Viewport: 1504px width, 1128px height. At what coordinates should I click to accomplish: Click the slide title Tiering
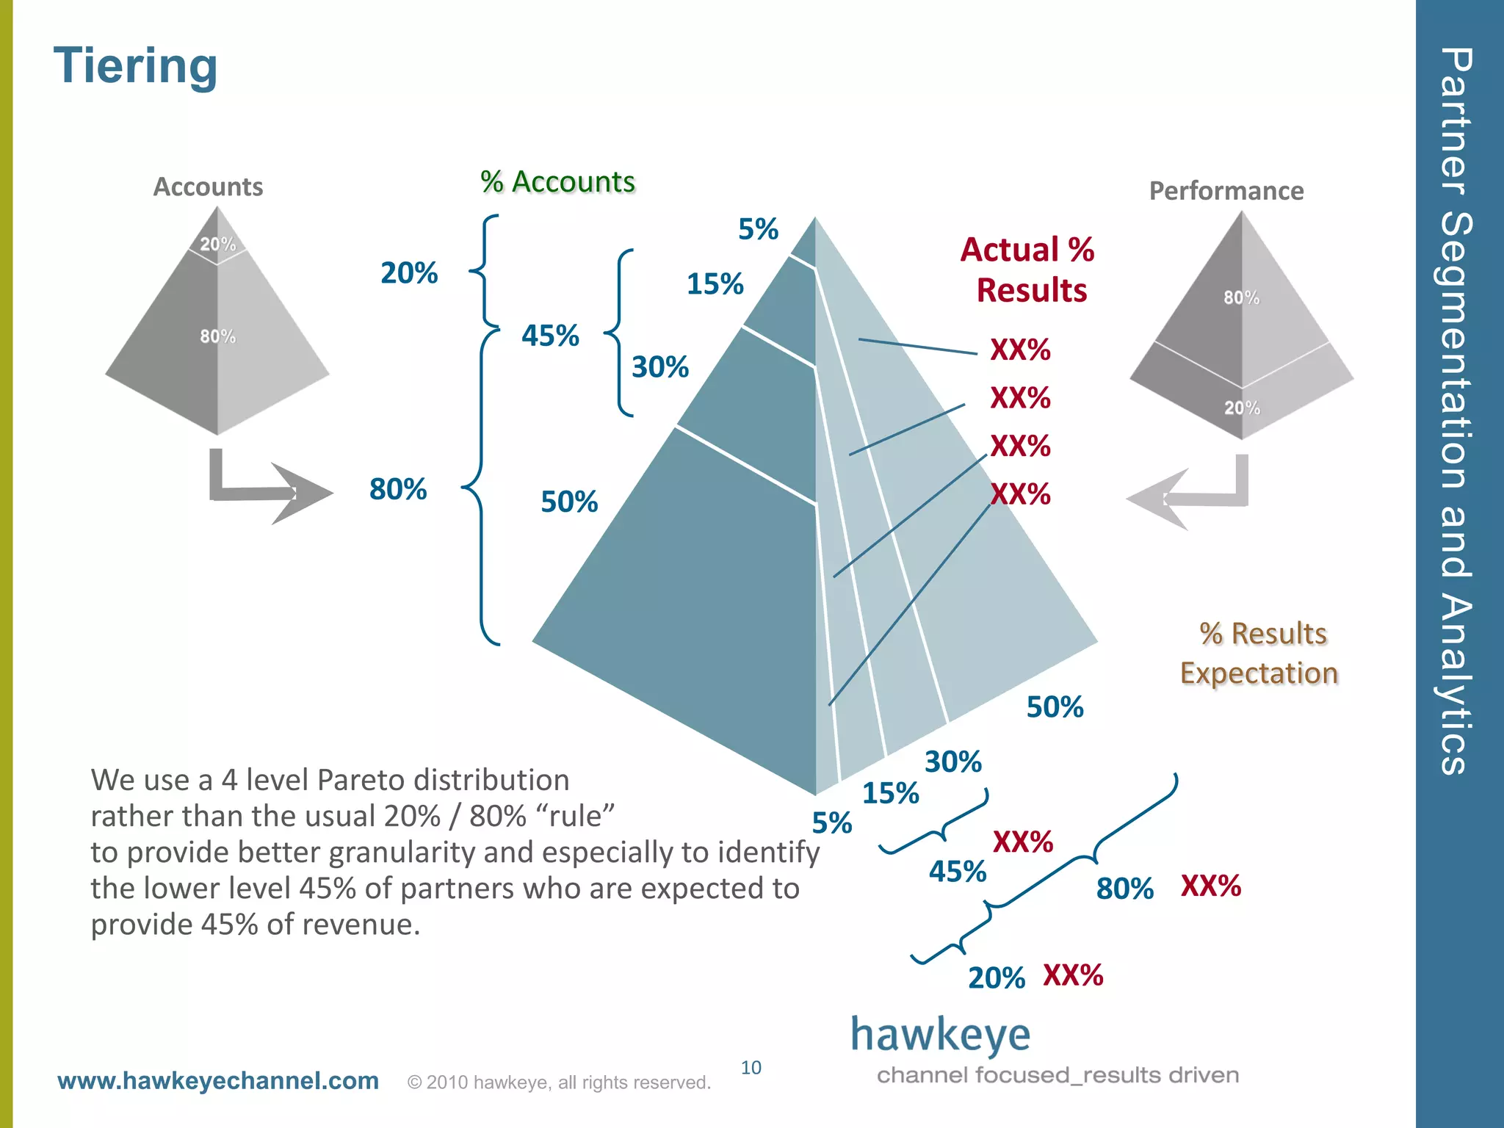(x=135, y=66)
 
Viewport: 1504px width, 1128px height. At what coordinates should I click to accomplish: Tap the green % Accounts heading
(x=557, y=181)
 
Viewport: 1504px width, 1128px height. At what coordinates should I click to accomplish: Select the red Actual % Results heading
(x=1028, y=270)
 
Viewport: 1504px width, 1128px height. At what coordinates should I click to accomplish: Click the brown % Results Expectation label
(x=1259, y=653)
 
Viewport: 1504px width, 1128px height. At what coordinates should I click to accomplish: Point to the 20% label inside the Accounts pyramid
(x=218, y=244)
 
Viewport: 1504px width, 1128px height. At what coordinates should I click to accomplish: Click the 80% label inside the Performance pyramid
(x=1241, y=297)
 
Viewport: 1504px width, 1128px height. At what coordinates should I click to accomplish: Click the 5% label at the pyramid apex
(x=758, y=229)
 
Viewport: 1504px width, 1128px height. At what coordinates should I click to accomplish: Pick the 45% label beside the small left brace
(x=550, y=336)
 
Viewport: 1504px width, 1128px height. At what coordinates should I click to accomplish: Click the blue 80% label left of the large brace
(x=397, y=489)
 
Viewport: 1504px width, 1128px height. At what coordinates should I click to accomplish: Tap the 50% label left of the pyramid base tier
(x=569, y=502)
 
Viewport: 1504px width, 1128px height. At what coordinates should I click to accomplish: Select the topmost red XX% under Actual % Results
(x=1020, y=350)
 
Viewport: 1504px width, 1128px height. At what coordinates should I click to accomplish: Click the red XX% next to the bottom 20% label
(x=1073, y=975)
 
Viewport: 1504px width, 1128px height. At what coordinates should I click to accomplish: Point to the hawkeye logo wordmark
(x=940, y=1035)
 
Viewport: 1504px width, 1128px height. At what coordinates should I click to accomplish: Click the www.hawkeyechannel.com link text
(x=218, y=1081)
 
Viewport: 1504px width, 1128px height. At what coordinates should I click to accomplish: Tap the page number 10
(x=751, y=1067)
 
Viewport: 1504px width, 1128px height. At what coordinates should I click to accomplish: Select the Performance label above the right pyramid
(x=1226, y=191)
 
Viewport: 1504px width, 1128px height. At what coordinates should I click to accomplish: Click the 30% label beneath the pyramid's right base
(x=952, y=762)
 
